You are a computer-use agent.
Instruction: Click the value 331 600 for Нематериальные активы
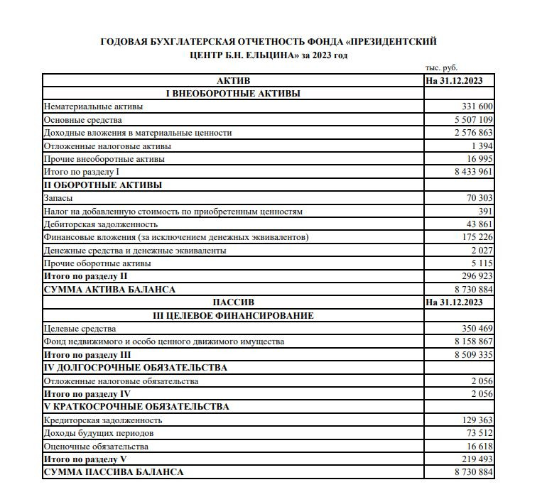pyautogui.click(x=477, y=106)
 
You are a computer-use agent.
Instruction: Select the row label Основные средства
pyautogui.click(x=82, y=120)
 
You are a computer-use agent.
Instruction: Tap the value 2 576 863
pyautogui.click(x=473, y=133)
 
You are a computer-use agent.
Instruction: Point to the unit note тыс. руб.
pyautogui.click(x=441, y=68)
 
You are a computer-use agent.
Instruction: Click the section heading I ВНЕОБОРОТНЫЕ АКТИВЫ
pyautogui.click(x=232, y=94)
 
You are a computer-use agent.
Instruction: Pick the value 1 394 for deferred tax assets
pyautogui.click(x=482, y=146)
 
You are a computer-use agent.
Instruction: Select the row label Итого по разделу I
pyautogui.click(x=82, y=172)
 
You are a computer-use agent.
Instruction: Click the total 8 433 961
pyautogui.click(x=473, y=172)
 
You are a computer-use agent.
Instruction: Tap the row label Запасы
pyautogui.click(x=58, y=198)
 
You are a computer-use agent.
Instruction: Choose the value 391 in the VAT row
pyautogui.click(x=485, y=212)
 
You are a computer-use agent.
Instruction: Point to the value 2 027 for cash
pyautogui.click(x=482, y=251)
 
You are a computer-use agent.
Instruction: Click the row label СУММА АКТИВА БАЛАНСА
pyautogui.click(x=109, y=290)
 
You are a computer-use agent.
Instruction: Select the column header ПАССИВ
pyautogui.click(x=233, y=302)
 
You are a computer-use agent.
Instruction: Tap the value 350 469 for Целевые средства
pyautogui.click(x=477, y=329)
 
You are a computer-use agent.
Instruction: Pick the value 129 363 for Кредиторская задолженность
pyautogui.click(x=477, y=420)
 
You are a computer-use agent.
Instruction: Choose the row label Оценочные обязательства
pyautogui.click(x=96, y=447)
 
